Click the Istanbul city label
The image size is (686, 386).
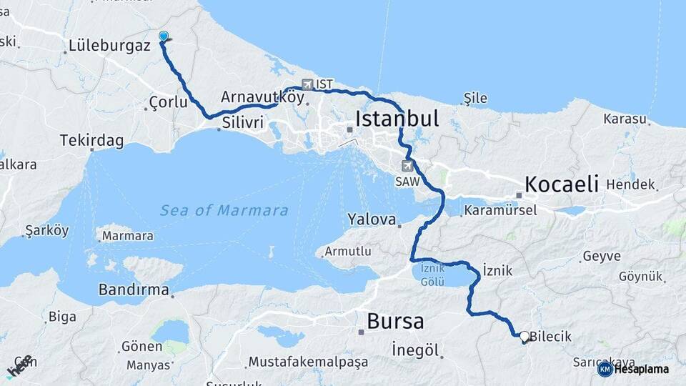(x=398, y=119)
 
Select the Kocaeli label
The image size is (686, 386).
(x=562, y=184)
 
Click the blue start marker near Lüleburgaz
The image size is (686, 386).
(x=164, y=36)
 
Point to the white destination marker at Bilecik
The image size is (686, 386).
(x=525, y=336)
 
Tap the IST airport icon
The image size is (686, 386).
(x=308, y=84)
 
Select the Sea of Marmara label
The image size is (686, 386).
(x=224, y=210)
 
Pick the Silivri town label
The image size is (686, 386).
(x=243, y=123)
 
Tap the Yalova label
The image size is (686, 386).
(x=372, y=219)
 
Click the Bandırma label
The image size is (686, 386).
(x=134, y=290)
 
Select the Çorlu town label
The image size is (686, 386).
(x=168, y=103)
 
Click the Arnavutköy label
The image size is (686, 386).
(x=263, y=96)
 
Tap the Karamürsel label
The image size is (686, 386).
(x=498, y=211)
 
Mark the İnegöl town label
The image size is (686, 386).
(x=415, y=350)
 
